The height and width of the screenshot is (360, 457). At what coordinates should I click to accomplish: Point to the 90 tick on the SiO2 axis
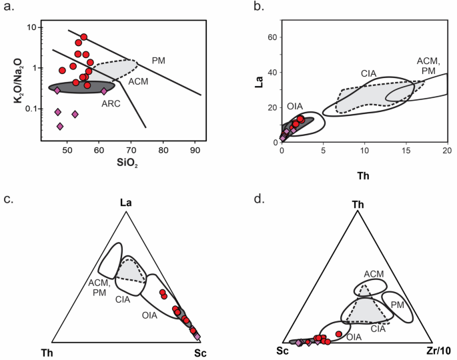click(x=195, y=151)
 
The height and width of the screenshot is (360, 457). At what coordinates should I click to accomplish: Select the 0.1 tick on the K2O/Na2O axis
click(x=28, y=109)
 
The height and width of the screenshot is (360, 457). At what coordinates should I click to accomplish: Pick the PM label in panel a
click(x=158, y=60)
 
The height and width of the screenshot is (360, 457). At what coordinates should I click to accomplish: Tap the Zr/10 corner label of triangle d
click(x=438, y=351)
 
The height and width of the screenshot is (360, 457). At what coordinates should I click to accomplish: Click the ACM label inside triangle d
click(x=374, y=274)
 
